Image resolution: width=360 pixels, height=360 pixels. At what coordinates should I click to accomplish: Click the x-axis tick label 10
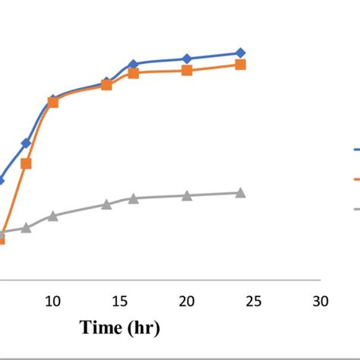click(x=53, y=302)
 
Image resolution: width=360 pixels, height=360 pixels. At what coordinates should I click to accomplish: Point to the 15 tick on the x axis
click(x=120, y=302)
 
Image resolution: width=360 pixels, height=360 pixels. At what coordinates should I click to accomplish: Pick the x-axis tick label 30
click(x=321, y=302)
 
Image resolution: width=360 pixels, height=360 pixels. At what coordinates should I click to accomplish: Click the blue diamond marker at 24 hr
click(x=240, y=52)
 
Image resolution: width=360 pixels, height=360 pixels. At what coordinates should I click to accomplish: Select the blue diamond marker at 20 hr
click(x=187, y=58)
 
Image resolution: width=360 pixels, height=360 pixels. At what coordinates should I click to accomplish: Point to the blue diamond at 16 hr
click(x=133, y=65)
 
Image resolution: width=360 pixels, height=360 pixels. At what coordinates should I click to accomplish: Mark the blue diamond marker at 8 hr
click(x=26, y=143)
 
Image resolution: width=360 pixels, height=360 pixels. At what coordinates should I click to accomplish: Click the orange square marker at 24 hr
click(x=240, y=65)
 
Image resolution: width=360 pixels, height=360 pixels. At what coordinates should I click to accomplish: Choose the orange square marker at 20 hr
click(x=187, y=71)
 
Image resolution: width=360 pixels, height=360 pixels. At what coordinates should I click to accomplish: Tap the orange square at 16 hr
click(x=133, y=73)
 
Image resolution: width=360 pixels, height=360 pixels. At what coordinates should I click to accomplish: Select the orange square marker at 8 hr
click(x=26, y=163)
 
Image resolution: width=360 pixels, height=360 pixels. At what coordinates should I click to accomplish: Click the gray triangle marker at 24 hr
click(x=240, y=193)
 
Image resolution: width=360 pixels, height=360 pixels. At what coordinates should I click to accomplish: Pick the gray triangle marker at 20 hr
click(x=187, y=196)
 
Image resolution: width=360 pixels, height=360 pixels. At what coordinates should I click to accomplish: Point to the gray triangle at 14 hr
click(x=106, y=204)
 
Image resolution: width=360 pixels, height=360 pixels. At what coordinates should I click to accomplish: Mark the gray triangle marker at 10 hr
click(x=53, y=216)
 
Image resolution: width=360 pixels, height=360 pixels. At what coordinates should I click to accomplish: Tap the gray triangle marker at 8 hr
click(x=26, y=227)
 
